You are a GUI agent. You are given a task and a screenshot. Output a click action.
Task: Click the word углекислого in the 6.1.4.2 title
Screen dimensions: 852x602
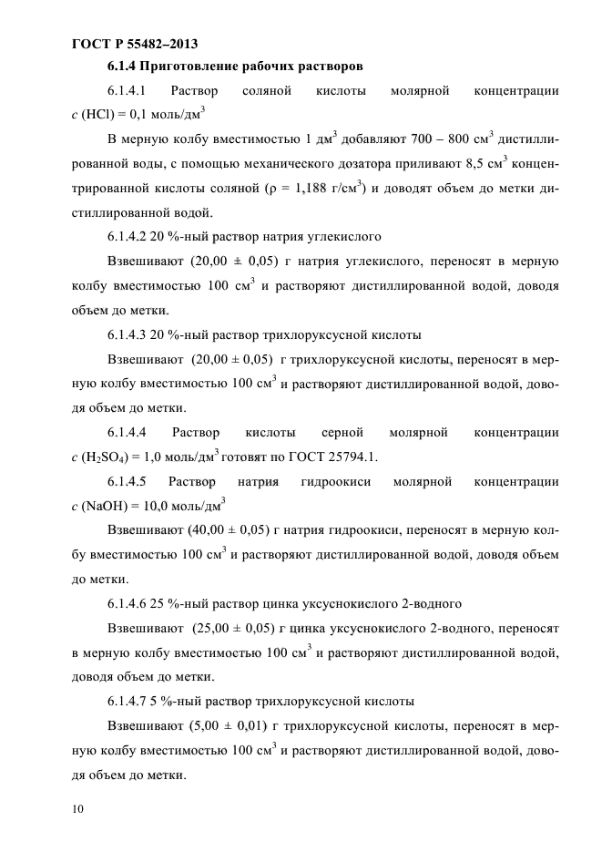click(345, 238)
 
